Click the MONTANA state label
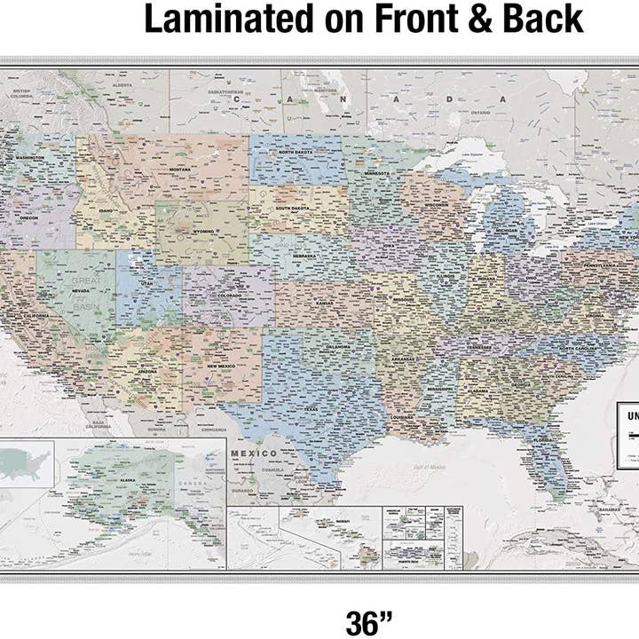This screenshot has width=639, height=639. [x=180, y=169]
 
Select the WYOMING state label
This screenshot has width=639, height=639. [x=204, y=229]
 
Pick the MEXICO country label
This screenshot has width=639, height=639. [x=255, y=453]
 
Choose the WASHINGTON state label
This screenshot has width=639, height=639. [x=30, y=157]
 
